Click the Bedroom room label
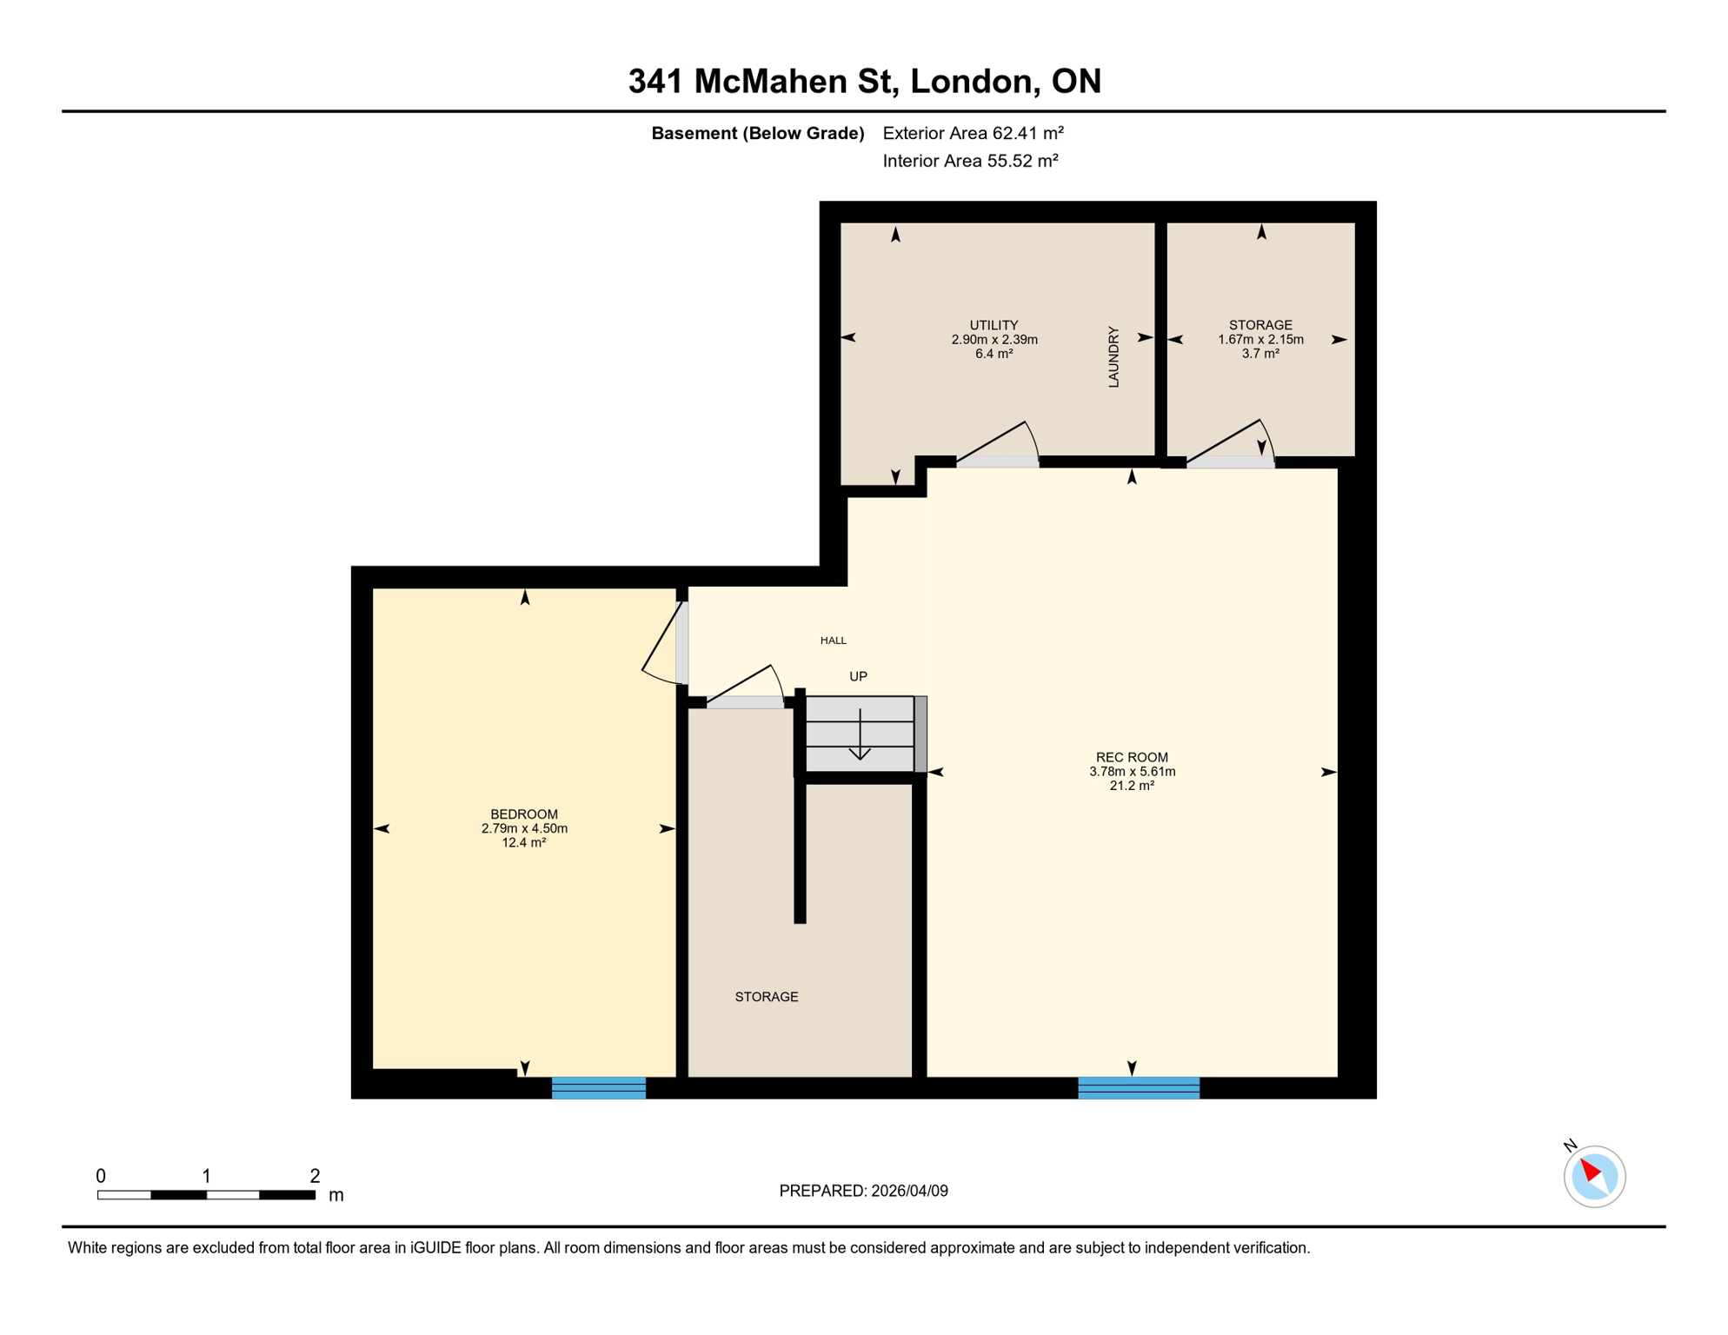point(523,814)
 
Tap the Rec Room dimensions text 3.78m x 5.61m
point(1132,772)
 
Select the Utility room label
point(994,325)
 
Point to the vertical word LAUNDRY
point(1113,357)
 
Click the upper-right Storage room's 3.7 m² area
point(1259,354)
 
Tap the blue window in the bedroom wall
point(599,1088)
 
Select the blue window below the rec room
point(1139,1088)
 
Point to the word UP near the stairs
point(858,676)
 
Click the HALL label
point(833,641)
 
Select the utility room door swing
point(1000,443)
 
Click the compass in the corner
point(1594,1177)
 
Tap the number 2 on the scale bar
point(315,1176)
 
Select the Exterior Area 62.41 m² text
point(973,133)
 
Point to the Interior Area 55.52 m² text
point(970,161)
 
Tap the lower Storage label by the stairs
point(766,997)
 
